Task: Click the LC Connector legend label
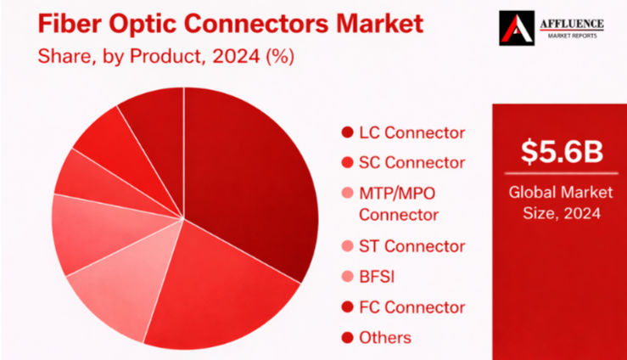pos(411,132)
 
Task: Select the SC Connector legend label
pos(411,162)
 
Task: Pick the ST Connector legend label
pos(411,246)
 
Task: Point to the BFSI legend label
pos(378,277)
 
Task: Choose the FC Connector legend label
pos(411,307)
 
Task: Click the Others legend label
pos(384,337)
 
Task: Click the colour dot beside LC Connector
pos(347,133)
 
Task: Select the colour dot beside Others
pos(347,338)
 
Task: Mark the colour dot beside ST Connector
pos(347,247)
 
